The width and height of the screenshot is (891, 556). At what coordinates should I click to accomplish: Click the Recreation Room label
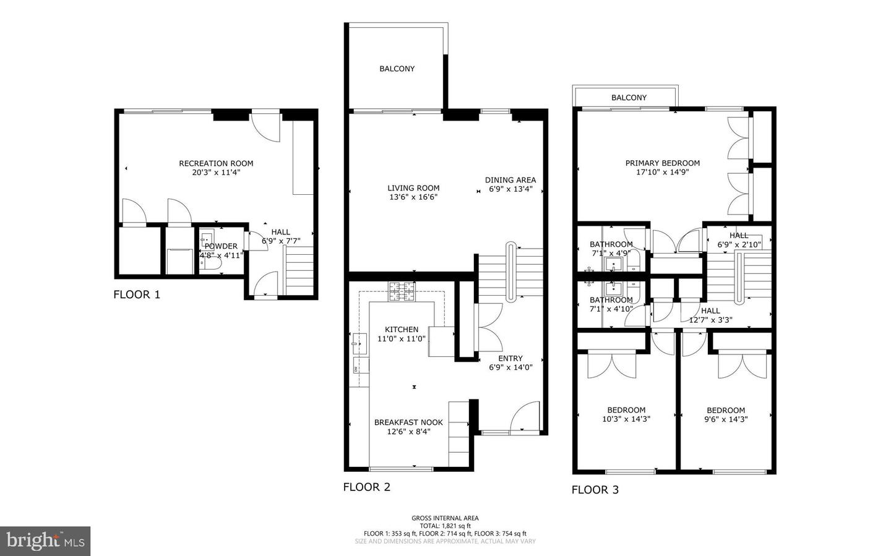pyautogui.click(x=216, y=163)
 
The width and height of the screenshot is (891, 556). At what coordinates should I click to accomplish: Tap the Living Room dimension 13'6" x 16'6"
pyautogui.click(x=413, y=197)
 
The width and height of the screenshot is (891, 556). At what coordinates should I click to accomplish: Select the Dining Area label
pyautogui.click(x=510, y=180)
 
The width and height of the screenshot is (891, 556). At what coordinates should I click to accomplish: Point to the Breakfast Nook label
pyautogui.click(x=408, y=422)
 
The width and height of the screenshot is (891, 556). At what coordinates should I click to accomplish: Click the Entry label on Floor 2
pyautogui.click(x=510, y=358)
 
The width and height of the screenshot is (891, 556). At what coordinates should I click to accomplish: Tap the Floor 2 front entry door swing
pyautogui.click(x=526, y=415)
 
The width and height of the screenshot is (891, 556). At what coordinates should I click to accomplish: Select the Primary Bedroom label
pyautogui.click(x=663, y=163)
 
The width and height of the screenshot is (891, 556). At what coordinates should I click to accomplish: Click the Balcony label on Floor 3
pyautogui.click(x=629, y=98)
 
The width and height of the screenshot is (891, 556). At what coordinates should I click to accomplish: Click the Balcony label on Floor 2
pyautogui.click(x=397, y=69)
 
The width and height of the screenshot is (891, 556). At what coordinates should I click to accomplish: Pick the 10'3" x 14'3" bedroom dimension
pyautogui.click(x=626, y=419)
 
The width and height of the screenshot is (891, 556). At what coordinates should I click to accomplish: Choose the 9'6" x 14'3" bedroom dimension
pyautogui.click(x=726, y=419)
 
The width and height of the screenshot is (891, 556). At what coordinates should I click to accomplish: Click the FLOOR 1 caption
pyautogui.click(x=137, y=294)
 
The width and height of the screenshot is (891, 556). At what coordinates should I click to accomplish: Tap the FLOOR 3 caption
pyautogui.click(x=595, y=490)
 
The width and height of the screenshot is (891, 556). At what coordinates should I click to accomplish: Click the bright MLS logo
pyautogui.click(x=45, y=541)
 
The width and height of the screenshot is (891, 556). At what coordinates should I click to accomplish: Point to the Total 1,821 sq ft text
pyautogui.click(x=445, y=526)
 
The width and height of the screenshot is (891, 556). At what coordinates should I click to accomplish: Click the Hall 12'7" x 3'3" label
pyautogui.click(x=710, y=315)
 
